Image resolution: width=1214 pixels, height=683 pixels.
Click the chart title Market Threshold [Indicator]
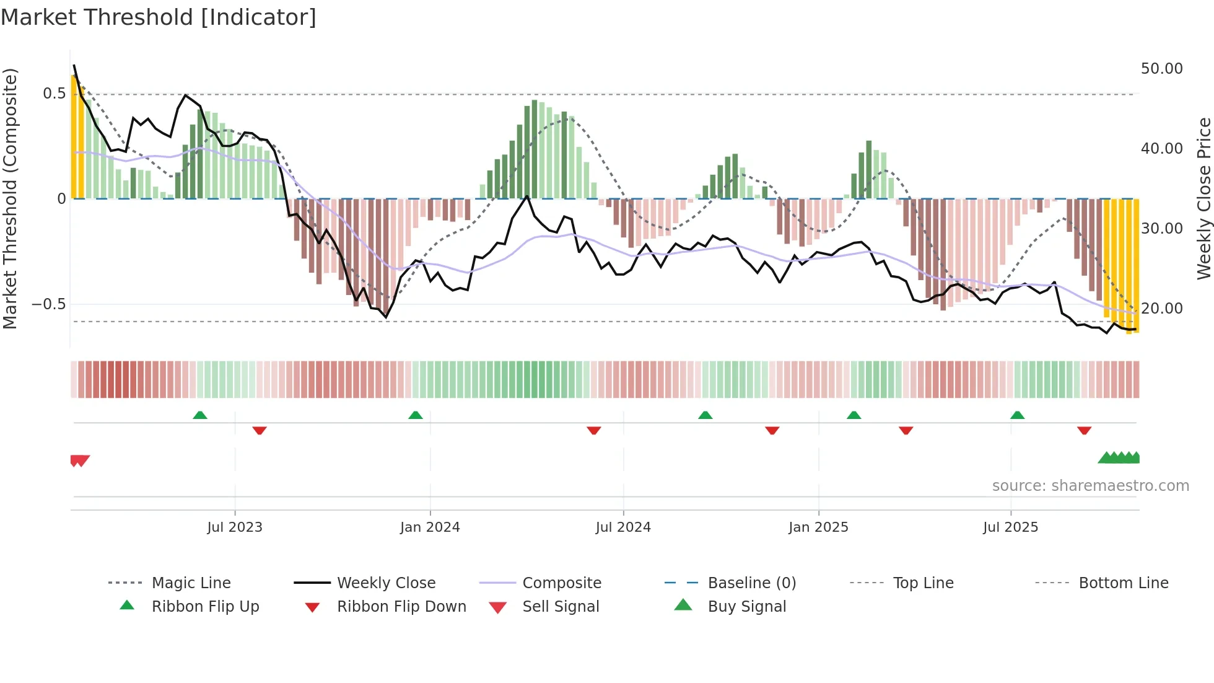[x=159, y=17]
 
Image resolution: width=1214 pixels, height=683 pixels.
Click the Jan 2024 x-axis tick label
[x=430, y=527]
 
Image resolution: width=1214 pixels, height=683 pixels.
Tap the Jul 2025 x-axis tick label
[x=1010, y=527]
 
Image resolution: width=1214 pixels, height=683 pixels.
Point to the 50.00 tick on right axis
[x=1161, y=69]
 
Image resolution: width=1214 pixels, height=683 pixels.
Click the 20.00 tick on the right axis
[x=1161, y=309]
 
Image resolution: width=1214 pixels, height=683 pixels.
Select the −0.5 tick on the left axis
[x=48, y=304]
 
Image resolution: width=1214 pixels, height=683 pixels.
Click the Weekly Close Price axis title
[x=1203, y=198]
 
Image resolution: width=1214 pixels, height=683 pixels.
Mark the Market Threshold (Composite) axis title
[x=10, y=198]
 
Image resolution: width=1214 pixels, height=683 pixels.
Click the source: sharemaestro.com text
[x=1090, y=486]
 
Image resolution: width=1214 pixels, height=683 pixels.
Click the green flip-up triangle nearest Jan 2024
[x=416, y=415]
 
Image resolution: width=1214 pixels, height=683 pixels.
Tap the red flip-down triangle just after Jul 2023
[x=260, y=430]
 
